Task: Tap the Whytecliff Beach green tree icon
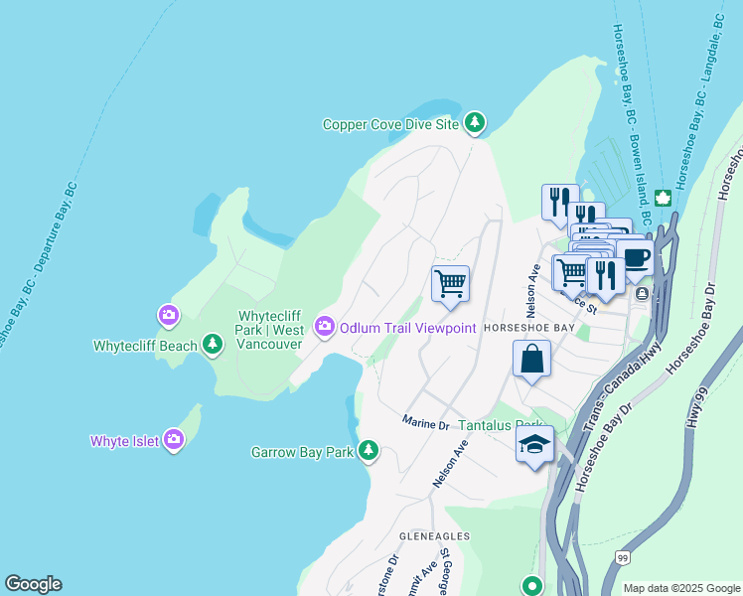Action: coord(212,344)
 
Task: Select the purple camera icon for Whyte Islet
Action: coord(174,438)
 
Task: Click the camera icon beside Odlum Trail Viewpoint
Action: coord(325,326)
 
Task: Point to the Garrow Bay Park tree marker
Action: coord(369,451)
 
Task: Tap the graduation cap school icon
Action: coord(534,447)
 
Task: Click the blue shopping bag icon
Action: coord(531,358)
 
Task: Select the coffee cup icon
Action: coord(634,257)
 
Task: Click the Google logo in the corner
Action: coord(33,584)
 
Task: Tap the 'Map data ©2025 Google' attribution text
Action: coord(680,588)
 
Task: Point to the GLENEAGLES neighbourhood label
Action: coord(434,535)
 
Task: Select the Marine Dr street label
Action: coord(426,423)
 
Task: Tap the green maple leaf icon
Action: coord(663,197)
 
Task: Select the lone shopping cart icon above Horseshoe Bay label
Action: coord(450,283)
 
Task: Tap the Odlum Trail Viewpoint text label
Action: coord(408,327)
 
